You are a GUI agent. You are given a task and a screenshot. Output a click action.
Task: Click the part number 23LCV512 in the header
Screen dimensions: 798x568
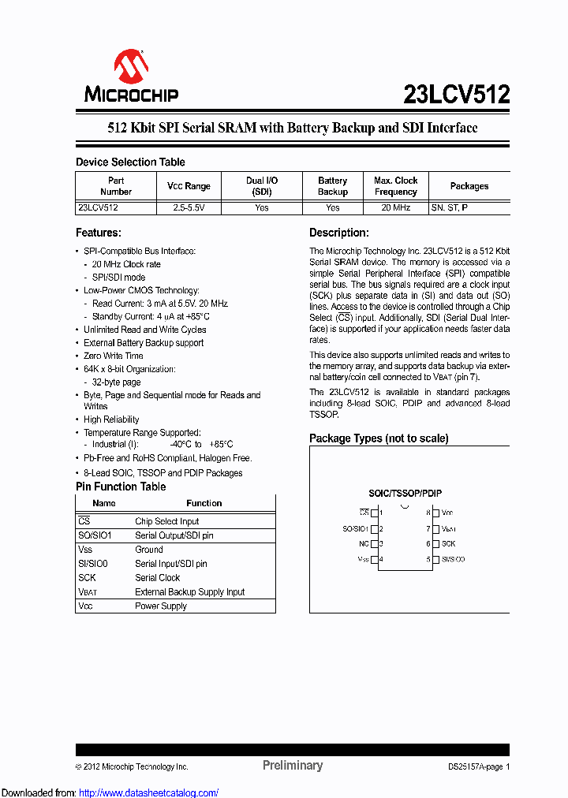(456, 95)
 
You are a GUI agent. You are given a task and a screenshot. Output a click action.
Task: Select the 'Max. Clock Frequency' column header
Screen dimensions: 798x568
(395, 186)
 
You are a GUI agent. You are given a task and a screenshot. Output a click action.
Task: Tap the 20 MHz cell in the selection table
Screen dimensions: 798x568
(395, 208)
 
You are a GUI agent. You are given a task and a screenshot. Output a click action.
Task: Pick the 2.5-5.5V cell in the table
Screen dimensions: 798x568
(189, 208)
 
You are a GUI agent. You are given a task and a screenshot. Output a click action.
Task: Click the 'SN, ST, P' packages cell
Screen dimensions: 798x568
(450, 208)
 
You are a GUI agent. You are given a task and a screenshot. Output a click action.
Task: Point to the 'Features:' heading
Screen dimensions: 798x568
(98, 233)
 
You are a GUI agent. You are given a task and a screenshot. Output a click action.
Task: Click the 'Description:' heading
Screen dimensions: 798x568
(338, 233)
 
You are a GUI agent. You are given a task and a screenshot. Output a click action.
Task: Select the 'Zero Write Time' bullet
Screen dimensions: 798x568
(114, 356)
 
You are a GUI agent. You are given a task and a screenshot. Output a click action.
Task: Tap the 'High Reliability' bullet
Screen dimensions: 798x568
(111, 420)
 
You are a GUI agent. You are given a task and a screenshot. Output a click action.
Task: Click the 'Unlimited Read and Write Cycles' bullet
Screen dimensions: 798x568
(145, 330)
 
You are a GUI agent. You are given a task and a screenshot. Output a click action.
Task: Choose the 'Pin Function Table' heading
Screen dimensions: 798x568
(121, 487)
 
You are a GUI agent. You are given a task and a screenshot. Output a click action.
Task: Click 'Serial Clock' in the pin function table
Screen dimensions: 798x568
(158, 578)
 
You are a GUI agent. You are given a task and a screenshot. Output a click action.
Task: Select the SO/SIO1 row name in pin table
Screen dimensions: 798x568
(95, 535)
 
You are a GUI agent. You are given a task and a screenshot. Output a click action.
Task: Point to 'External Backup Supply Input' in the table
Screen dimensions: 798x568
(190, 592)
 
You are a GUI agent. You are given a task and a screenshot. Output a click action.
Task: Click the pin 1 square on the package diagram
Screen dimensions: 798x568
(374, 513)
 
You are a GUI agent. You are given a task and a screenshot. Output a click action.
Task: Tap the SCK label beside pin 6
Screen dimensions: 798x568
(448, 544)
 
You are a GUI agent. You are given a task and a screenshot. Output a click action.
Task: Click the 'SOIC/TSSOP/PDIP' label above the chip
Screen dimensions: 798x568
(405, 493)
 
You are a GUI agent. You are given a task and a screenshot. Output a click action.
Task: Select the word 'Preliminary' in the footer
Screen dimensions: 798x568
(293, 765)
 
